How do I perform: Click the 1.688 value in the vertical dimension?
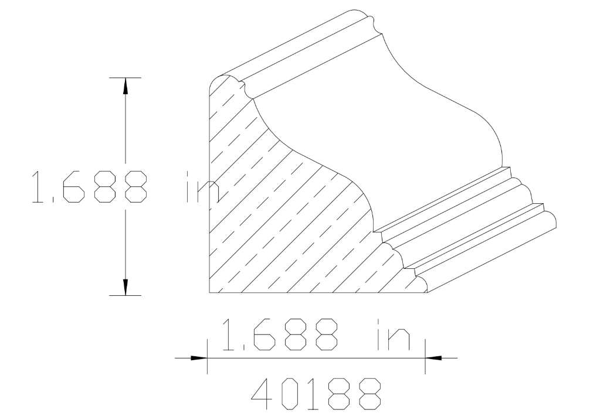tap(88, 187)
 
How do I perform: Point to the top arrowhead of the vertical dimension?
tap(124, 84)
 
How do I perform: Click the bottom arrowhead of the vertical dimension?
tap(124, 288)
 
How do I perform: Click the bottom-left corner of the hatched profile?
tap(210, 292)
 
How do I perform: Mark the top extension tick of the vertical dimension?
tap(124, 77)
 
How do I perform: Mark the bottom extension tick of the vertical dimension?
tap(124, 295)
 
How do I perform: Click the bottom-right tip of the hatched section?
tap(426, 290)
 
